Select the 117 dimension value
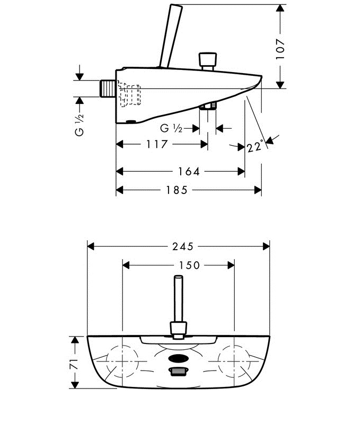tap(157, 144)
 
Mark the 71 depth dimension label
tap(75, 363)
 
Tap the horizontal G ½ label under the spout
tap(171, 128)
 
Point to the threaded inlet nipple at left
tap(108, 88)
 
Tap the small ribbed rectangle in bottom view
tap(179, 372)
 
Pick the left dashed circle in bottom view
tap(122, 360)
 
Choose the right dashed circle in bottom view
tap(235, 360)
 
